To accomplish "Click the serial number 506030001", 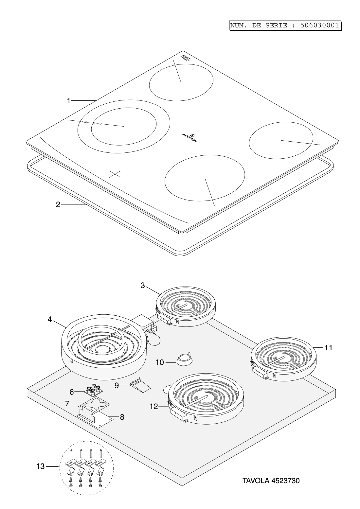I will click(x=319, y=25).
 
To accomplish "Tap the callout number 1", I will click(x=68, y=101).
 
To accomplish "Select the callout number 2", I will click(x=58, y=205).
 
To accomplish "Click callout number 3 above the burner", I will click(x=143, y=285).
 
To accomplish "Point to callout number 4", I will click(x=49, y=319).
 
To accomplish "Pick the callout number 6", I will click(x=72, y=392).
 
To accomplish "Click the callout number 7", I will click(x=67, y=404).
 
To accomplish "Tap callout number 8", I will click(x=122, y=417).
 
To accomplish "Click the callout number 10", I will click(x=160, y=362).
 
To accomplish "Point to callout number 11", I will click(x=328, y=347).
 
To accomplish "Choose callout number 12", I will click(x=154, y=407).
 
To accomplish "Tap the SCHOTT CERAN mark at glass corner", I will click(x=185, y=57).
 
